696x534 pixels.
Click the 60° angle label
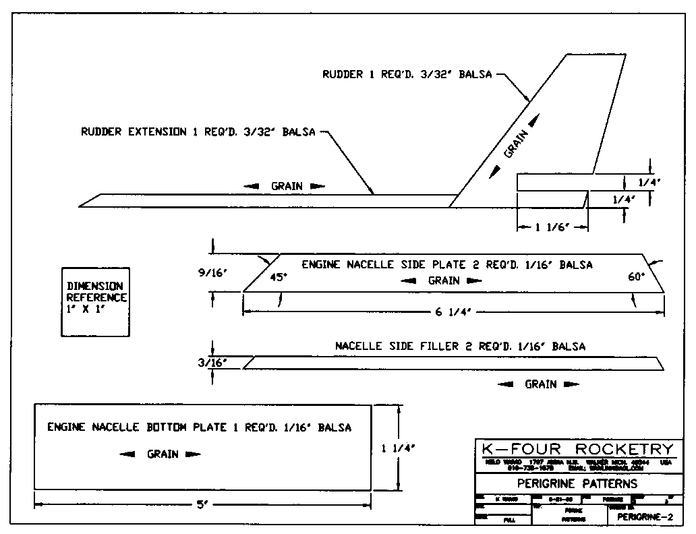[637, 276]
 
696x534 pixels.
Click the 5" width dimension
[202, 504]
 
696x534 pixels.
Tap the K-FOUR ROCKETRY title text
[578, 450]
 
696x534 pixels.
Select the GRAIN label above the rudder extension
[287, 186]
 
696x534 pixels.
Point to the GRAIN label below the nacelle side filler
[541, 384]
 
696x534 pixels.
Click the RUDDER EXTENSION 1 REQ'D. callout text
[198, 132]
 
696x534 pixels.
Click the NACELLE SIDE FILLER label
[460, 347]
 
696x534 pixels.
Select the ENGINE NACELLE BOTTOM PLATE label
[199, 427]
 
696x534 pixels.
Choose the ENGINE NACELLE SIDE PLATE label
[447, 265]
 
